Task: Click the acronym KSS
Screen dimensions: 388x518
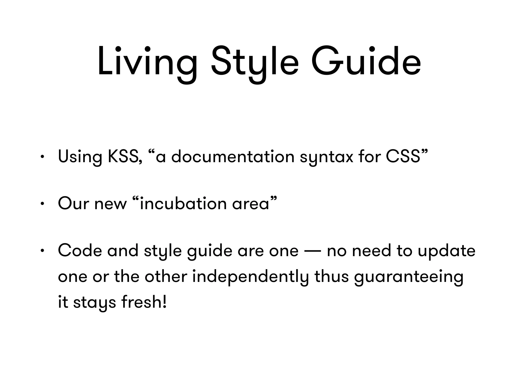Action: pos(123,157)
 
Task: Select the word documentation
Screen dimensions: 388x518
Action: pos(233,157)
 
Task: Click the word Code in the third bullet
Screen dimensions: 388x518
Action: pos(80,251)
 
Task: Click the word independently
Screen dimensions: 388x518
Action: pos(250,277)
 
